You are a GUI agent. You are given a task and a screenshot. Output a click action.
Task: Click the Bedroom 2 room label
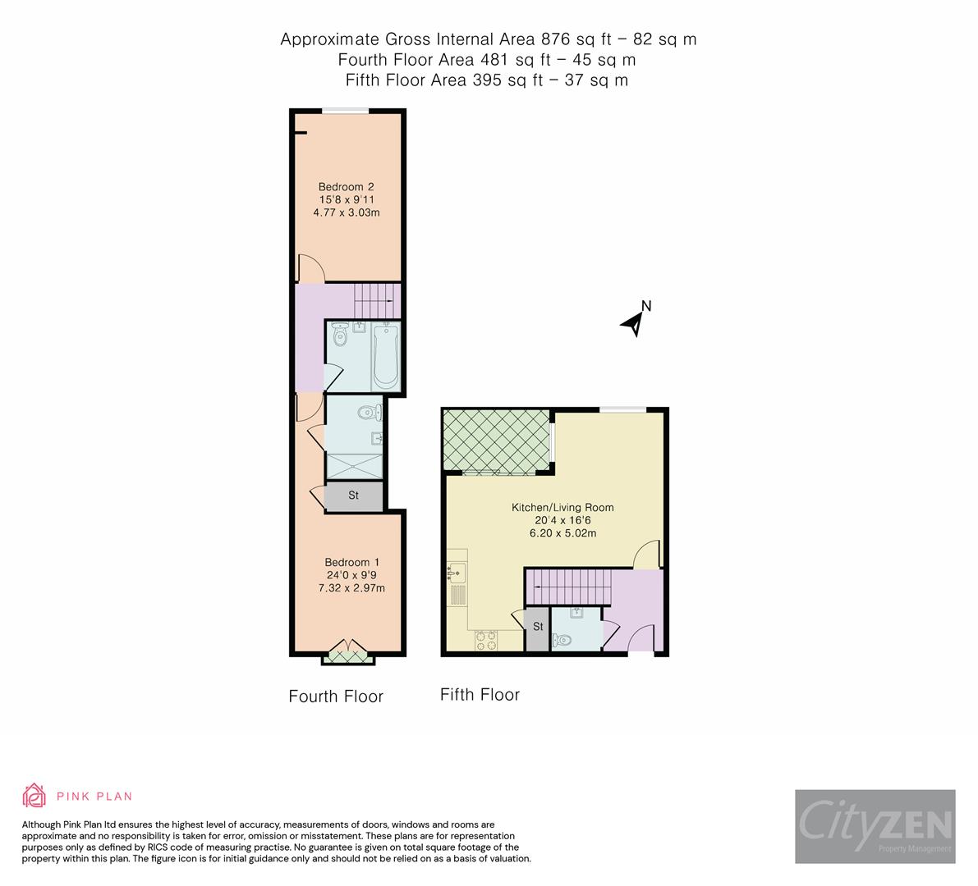coord(346,186)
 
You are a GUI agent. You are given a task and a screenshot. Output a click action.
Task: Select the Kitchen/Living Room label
coord(562,507)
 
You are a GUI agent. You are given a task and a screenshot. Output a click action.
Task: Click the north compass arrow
coord(634,322)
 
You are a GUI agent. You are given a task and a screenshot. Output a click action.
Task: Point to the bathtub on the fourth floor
coord(385,357)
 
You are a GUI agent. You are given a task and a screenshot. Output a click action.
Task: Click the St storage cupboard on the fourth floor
coord(354,496)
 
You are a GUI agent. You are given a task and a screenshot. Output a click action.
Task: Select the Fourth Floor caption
coord(336,696)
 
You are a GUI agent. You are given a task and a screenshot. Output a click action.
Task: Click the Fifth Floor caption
coord(480,695)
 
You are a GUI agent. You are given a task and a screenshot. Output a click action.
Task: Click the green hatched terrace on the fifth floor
coord(496,441)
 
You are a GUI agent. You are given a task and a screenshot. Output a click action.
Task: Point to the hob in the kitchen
coord(485,640)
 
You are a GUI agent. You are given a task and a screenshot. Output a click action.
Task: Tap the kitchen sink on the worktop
coord(457,572)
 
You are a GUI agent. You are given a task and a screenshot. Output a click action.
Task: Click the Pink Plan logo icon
coord(34,796)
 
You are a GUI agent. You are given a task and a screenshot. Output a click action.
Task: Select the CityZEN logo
coord(875,826)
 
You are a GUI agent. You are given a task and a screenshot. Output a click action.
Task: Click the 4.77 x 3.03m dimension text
coord(346,212)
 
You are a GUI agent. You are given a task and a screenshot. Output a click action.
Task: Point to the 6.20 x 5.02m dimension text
coord(562,533)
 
